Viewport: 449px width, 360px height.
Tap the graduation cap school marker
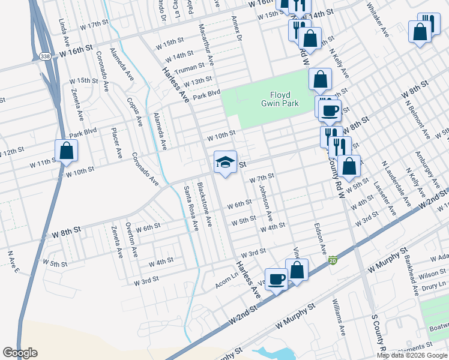point(225,162)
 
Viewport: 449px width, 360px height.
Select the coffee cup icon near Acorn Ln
point(276,279)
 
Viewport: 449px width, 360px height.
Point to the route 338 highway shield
point(46,56)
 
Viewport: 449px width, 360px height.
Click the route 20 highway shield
point(333,260)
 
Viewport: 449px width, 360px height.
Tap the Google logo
point(20,353)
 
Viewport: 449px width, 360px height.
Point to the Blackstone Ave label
point(205,205)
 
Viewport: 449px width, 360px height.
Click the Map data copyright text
point(411,355)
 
